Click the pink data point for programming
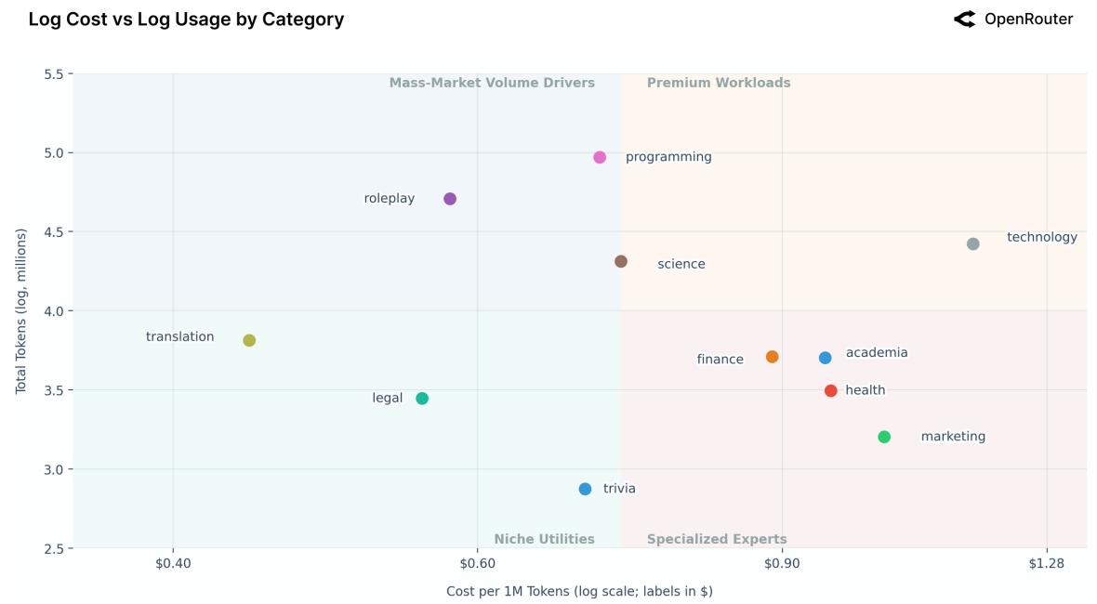click(600, 158)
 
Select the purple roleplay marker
click(450, 199)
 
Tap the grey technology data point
click(973, 244)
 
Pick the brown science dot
click(621, 262)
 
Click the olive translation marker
click(249, 341)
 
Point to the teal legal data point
click(422, 399)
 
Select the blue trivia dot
click(585, 490)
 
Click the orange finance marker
click(773, 357)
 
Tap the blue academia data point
click(826, 358)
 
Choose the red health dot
click(831, 391)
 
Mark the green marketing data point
click(884, 438)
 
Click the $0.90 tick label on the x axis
click(782, 564)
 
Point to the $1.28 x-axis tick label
click(1047, 564)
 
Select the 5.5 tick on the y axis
click(53, 74)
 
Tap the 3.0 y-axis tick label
click(53, 469)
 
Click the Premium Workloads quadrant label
click(719, 83)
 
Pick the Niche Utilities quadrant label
click(544, 539)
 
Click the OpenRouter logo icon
click(964, 20)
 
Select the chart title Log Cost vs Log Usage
click(186, 20)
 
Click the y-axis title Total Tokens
click(21, 311)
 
